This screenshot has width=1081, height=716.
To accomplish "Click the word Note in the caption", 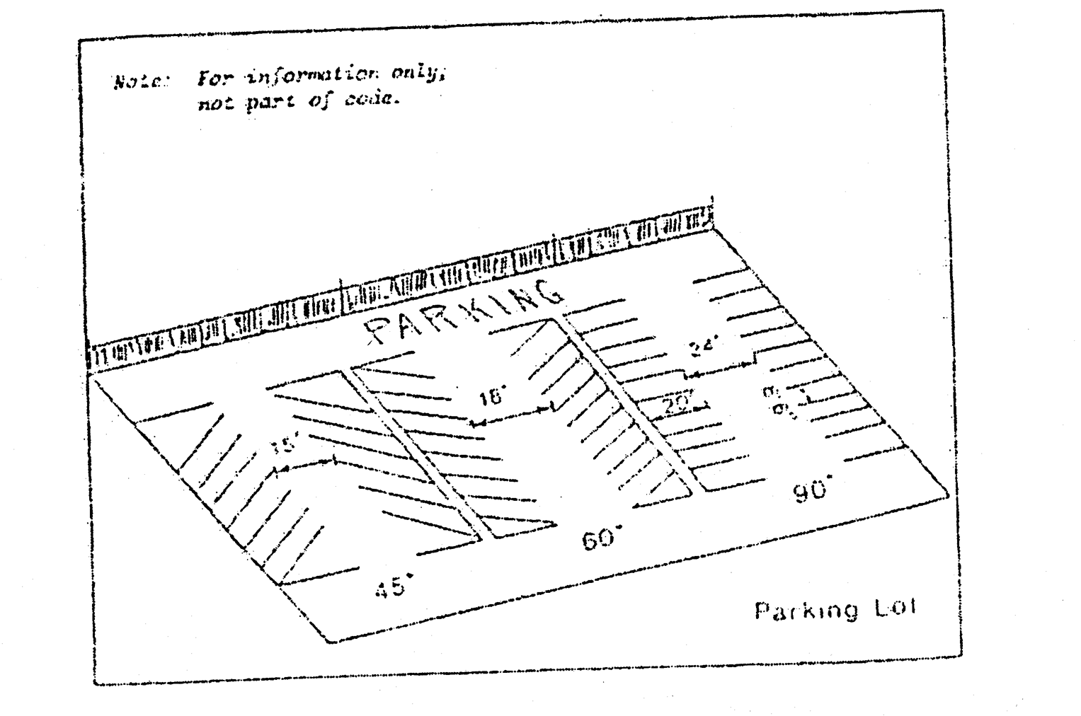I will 130,82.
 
